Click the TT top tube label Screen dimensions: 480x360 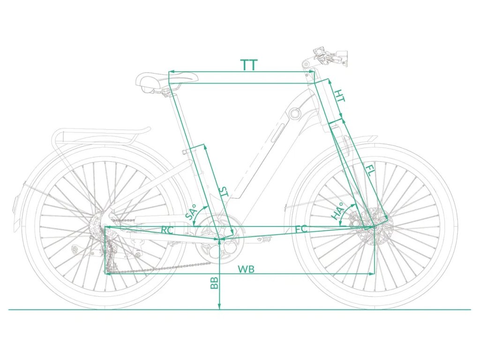coord(249,65)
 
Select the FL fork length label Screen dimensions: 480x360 coord(370,172)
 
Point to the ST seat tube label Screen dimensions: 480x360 coord(224,193)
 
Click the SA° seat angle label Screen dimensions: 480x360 coord(192,213)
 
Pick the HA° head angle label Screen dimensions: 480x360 coord(337,210)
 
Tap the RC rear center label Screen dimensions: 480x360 coord(167,230)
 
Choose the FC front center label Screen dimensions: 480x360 coord(301,229)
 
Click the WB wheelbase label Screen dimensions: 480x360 coord(246,269)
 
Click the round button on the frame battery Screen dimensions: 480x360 coord(295,113)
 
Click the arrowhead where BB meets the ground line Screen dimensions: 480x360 coord(219,307)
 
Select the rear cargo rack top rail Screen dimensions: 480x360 coord(101,134)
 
